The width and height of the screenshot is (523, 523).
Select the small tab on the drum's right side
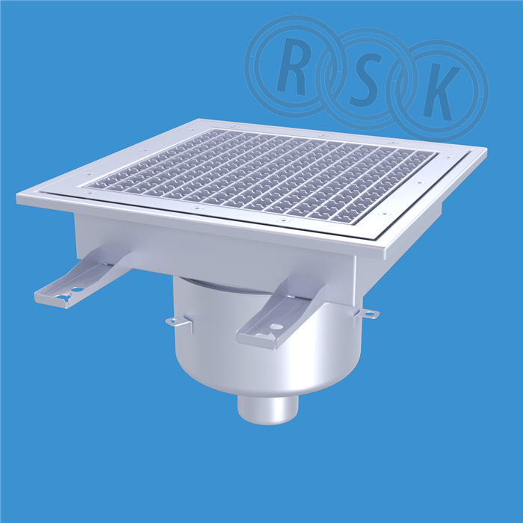(369, 313)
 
